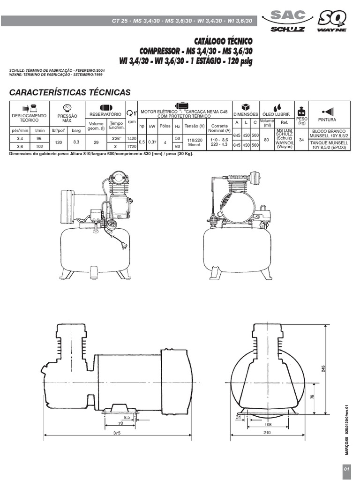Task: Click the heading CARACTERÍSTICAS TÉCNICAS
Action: tap(70, 92)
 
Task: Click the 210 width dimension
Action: tap(267, 434)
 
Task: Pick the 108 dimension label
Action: tap(268, 424)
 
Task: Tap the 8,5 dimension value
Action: tap(127, 417)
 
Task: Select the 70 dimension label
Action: tap(120, 424)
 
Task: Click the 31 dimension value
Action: tap(238, 417)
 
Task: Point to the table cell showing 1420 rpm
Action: tap(131, 139)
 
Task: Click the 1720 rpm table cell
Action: tap(131, 146)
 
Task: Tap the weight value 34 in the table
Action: tap(301, 140)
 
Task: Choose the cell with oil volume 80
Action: tap(267, 140)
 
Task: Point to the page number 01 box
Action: tap(347, 469)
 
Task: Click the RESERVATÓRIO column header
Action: tap(106, 114)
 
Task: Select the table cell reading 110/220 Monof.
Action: tap(195, 142)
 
